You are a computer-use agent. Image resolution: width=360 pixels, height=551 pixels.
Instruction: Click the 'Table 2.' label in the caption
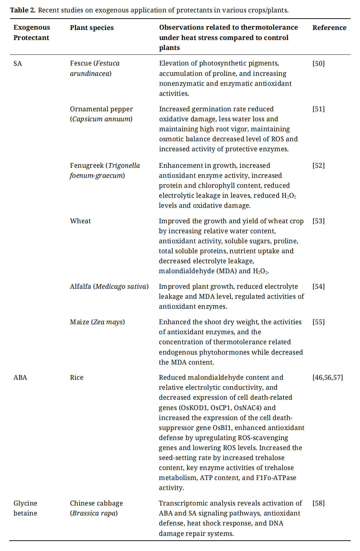23,10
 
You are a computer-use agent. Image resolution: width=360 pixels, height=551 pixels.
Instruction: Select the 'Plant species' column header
92,28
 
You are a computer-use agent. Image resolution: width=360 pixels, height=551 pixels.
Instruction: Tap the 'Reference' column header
329,28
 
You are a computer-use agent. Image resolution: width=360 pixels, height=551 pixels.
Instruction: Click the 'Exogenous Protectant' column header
31,32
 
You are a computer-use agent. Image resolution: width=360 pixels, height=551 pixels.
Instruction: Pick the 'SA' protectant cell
18,63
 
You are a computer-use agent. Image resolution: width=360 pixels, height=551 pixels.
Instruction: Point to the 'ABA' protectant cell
20,377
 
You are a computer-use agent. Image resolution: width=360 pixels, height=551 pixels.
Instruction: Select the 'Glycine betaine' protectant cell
25,508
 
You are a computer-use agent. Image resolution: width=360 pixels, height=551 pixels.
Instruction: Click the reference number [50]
318,63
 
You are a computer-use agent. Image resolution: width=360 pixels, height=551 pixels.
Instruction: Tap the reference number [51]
318,109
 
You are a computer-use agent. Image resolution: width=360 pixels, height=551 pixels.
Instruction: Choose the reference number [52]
318,165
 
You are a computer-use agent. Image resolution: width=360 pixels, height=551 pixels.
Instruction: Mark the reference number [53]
318,221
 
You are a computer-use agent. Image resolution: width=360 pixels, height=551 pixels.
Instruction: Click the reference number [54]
318,286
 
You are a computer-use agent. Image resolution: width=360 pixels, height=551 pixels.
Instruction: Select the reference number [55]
318,322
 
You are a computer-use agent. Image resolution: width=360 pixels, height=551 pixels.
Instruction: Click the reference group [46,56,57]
327,377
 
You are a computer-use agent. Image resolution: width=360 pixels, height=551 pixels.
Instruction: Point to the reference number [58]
318,503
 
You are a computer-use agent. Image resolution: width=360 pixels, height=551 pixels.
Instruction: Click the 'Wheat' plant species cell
80,221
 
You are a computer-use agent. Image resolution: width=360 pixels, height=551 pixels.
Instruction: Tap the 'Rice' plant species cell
76,377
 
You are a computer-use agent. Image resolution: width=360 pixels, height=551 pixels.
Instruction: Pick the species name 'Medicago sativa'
121,286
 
